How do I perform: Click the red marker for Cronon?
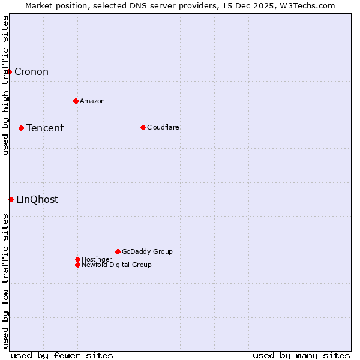coord(9,72)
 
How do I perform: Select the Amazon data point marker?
coord(76,101)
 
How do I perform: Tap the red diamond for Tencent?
coord(21,128)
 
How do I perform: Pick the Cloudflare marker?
coord(143,127)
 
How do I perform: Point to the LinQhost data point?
coord(11,199)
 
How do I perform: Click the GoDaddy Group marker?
coord(118,251)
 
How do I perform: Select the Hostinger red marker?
coord(77,259)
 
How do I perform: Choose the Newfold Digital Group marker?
coord(77,265)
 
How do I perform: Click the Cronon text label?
coord(31,72)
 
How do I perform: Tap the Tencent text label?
coord(45,128)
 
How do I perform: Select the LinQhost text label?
coord(37,200)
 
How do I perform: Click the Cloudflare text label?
coord(163,127)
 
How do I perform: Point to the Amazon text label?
coord(92,101)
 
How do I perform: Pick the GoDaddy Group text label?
coord(147,251)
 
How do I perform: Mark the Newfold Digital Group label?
coord(116,265)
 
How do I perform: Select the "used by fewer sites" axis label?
coord(62,355)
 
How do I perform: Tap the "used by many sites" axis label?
coord(301,355)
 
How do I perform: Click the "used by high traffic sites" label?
coord(5,85)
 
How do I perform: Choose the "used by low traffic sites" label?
coord(5,280)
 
